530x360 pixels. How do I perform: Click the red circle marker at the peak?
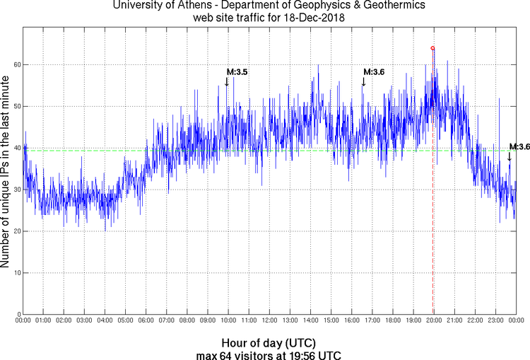[432, 48]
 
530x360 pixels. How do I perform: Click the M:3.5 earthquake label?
[237, 72]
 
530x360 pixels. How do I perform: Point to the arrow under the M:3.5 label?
[226, 82]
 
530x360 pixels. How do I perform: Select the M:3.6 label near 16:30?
[374, 72]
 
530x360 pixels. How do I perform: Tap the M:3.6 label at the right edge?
[519, 146]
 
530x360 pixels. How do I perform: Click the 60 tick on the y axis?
[16, 64]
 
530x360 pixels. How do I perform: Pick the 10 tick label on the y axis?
[16, 273]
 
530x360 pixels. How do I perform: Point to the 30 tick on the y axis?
[16, 190]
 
